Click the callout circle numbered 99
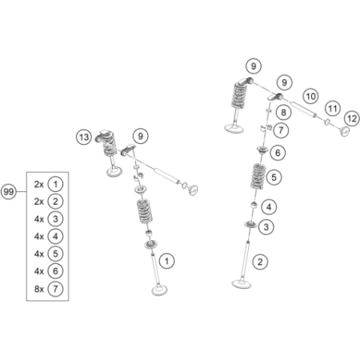click(9, 192)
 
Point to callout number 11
click(332, 108)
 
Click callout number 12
click(351, 118)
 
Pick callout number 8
click(283, 112)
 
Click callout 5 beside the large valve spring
click(275, 176)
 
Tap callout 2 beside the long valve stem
click(259, 261)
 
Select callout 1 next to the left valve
click(166, 260)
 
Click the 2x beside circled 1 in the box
click(39, 184)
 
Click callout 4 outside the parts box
click(270, 207)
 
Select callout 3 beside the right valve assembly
click(267, 227)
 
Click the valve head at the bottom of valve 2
click(240, 282)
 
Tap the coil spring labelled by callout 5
click(255, 177)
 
